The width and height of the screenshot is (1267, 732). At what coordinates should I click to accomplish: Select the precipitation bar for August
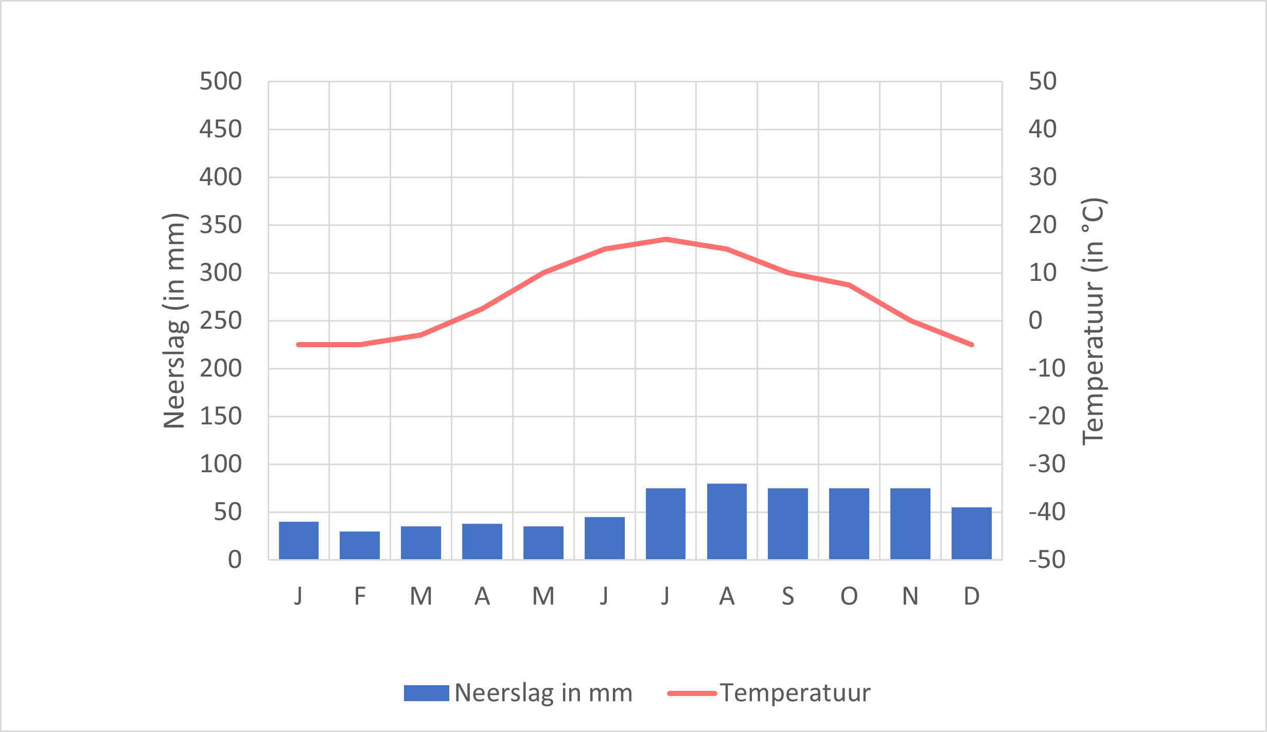(x=727, y=521)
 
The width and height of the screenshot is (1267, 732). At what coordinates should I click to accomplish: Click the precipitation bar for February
(x=360, y=545)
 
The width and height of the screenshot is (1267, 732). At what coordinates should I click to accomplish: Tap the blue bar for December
(x=971, y=533)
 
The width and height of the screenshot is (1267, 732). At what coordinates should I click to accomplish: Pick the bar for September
(x=788, y=523)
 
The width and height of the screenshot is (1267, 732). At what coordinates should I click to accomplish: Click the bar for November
(x=910, y=523)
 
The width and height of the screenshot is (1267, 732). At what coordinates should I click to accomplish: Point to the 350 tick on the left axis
(x=220, y=225)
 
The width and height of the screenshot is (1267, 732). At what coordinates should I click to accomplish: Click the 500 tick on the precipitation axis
(x=220, y=81)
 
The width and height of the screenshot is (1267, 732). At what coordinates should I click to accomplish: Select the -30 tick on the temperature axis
(x=1047, y=464)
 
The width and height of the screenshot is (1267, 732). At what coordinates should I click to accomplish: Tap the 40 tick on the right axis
(x=1043, y=129)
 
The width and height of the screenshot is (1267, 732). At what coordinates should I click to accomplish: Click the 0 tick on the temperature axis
(x=1035, y=320)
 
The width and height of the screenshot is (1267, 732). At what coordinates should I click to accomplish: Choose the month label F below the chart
(x=360, y=596)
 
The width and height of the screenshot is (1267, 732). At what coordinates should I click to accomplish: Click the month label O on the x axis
(x=849, y=596)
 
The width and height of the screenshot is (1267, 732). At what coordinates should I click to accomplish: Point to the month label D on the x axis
(x=971, y=596)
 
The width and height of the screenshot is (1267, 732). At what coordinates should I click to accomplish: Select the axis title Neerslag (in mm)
(x=174, y=320)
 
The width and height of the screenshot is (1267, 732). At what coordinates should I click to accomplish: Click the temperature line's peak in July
(x=666, y=239)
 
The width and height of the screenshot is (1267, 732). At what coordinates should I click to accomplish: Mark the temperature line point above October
(x=849, y=284)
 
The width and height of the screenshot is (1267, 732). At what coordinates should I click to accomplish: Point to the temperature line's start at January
(x=299, y=345)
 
